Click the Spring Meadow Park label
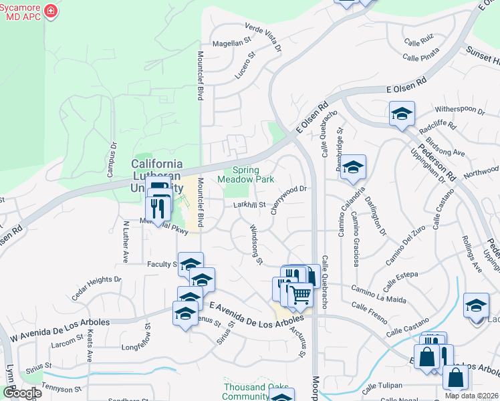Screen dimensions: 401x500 coord(245,175)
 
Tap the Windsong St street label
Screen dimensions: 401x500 coord(255,244)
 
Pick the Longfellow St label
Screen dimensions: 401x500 coord(138,347)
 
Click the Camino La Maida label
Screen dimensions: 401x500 coord(378,294)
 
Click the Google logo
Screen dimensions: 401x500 coord(22,394)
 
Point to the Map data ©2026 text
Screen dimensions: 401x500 coord(471,396)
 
